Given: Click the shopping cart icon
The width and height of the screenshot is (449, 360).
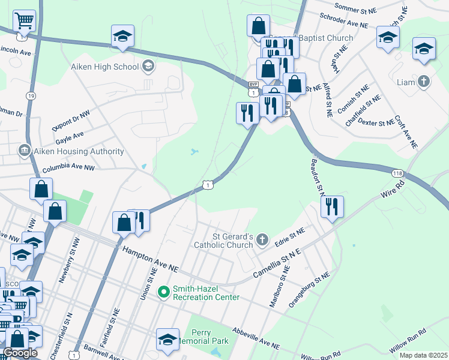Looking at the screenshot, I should [x=23, y=21].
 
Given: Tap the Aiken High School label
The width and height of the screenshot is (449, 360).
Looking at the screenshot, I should [x=104, y=66].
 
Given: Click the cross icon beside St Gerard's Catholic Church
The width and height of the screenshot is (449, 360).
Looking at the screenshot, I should [x=262, y=241].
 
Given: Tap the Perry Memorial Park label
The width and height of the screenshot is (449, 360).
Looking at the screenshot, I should [x=210, y=337].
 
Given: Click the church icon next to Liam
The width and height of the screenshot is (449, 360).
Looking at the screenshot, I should [x=424, y=81].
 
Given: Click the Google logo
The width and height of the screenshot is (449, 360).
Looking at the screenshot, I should [x=20, y=353].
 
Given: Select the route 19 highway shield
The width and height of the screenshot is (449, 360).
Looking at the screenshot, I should [x=30, y=95].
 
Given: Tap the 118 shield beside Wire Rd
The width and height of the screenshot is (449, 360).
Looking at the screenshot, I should [x=397, y=173].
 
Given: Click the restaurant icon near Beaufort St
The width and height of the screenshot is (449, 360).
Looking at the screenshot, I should [x=332, y=206].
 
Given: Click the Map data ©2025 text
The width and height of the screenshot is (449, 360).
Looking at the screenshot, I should [x=422, y=355].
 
